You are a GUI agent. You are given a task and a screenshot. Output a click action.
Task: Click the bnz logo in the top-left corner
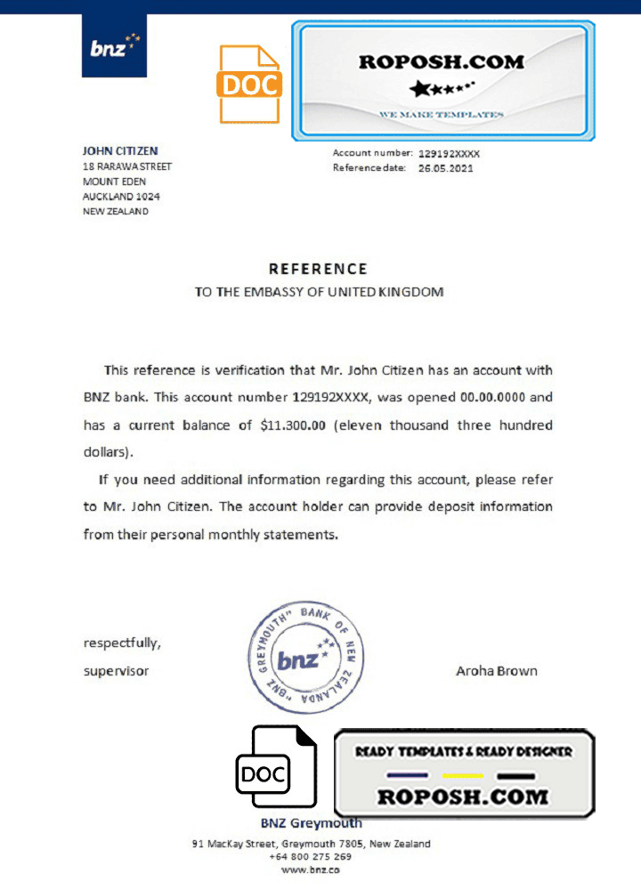(114, 45)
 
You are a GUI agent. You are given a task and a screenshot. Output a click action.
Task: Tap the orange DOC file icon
(248, 84)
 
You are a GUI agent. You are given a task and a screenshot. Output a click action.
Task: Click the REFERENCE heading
(318, 269)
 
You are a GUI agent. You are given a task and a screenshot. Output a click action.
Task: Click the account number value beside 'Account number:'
(449, 154)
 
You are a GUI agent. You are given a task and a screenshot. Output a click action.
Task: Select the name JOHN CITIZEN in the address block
(120, 151)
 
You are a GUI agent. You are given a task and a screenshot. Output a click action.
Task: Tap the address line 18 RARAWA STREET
(127, 166)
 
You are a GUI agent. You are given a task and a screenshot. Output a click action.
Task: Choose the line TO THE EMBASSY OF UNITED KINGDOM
(319, 292)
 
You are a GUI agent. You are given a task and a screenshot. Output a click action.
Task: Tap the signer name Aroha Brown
(496, 671)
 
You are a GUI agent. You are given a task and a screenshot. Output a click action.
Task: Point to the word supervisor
(116, 671)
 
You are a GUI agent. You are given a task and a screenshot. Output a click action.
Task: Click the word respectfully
(123, 643)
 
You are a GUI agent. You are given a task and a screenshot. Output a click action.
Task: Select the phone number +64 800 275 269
(310, 856)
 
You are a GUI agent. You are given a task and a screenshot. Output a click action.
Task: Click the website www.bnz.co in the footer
(310, 870)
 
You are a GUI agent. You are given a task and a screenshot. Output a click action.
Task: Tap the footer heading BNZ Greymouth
(311, 823)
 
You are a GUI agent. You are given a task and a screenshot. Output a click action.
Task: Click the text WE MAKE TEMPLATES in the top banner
(441, 115)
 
